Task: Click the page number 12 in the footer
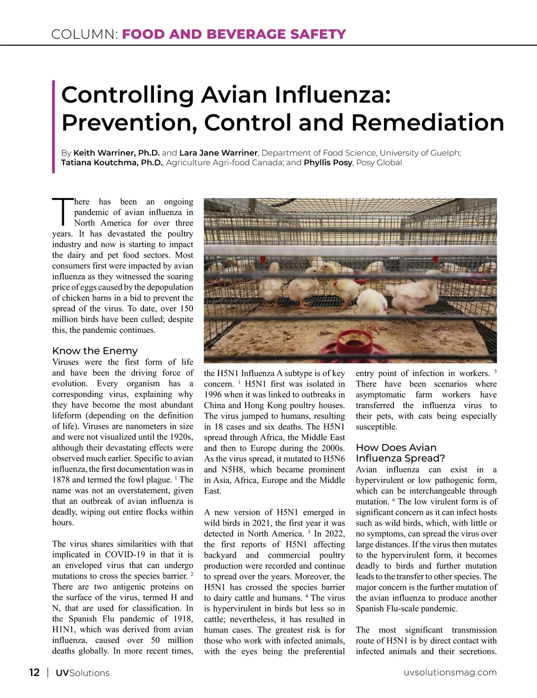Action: point(34,672)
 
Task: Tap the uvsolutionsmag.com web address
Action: point(450,672)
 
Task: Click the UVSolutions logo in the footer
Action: point(82,673)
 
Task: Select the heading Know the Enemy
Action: point(95,351)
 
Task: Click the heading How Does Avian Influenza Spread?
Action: point(400,453)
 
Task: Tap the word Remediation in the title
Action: point(427,122)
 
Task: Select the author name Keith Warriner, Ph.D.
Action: point(116,153)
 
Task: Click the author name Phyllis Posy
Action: point(328,163)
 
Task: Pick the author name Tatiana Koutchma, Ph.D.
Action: point(112,163)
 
